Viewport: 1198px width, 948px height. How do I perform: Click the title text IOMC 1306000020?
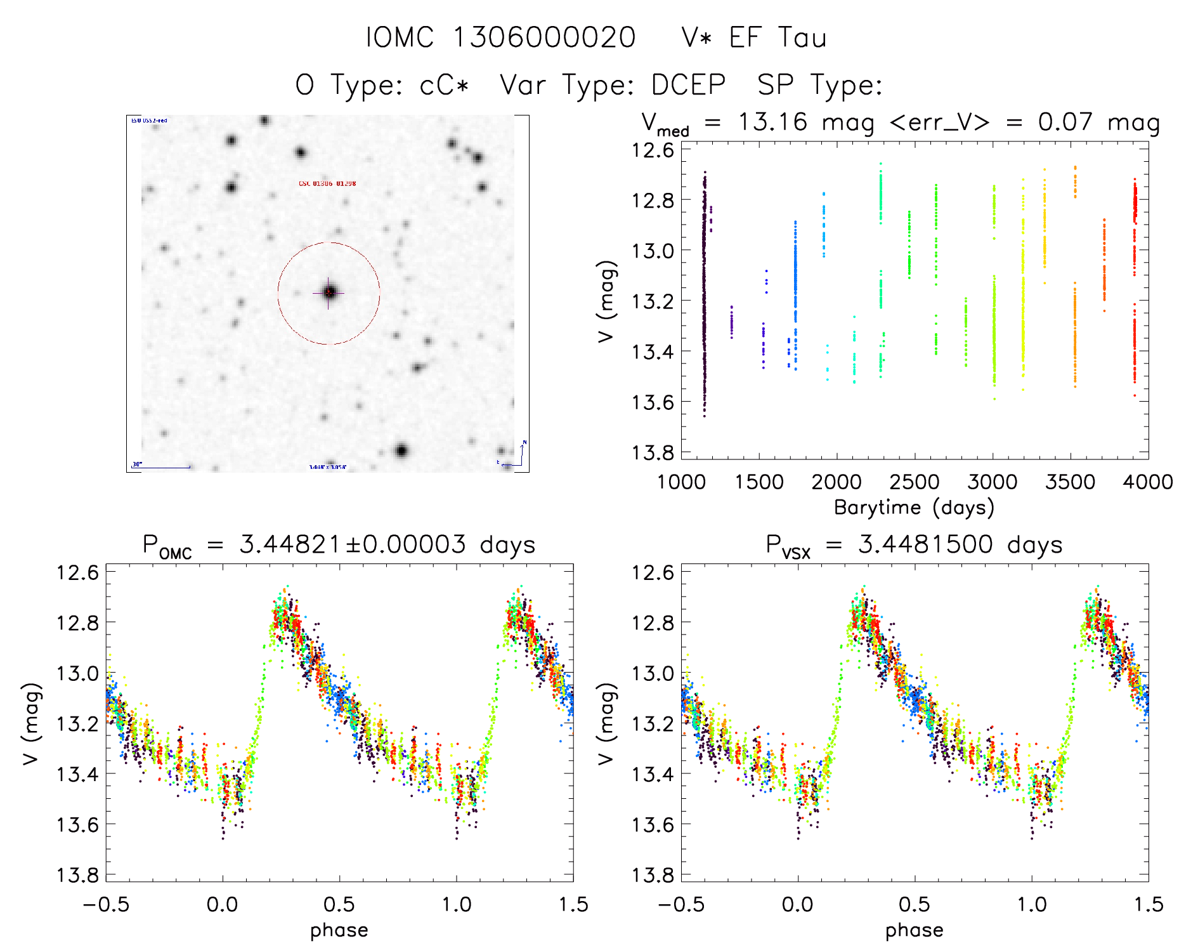[x=500, y=37]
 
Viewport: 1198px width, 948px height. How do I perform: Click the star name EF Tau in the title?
[x=778, y=37]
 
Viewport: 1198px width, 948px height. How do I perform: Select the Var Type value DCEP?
[x=688, y=85]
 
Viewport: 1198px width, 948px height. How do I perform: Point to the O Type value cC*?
[x=444, y=85]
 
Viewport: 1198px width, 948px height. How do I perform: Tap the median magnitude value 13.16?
[x=772, y=122]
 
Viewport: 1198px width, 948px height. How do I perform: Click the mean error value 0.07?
[x=1065, y=122]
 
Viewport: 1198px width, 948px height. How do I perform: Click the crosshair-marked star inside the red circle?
[x=329, y=293]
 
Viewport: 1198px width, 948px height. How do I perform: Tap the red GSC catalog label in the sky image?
[x=327, y=183]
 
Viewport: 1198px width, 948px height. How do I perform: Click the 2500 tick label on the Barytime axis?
[x=915, y=482]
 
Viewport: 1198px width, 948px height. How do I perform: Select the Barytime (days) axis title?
[x=914, y=508]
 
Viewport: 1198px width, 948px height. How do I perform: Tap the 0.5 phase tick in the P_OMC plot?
[x=339, y=904]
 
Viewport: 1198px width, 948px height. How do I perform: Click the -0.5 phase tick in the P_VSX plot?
[x=681, y=904]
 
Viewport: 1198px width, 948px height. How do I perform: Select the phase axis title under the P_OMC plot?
[x=339, y=930]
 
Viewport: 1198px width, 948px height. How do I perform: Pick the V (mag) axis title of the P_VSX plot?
[x=606, y=723]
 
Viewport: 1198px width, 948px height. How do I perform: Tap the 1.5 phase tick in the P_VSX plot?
[x=1148, y=904]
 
